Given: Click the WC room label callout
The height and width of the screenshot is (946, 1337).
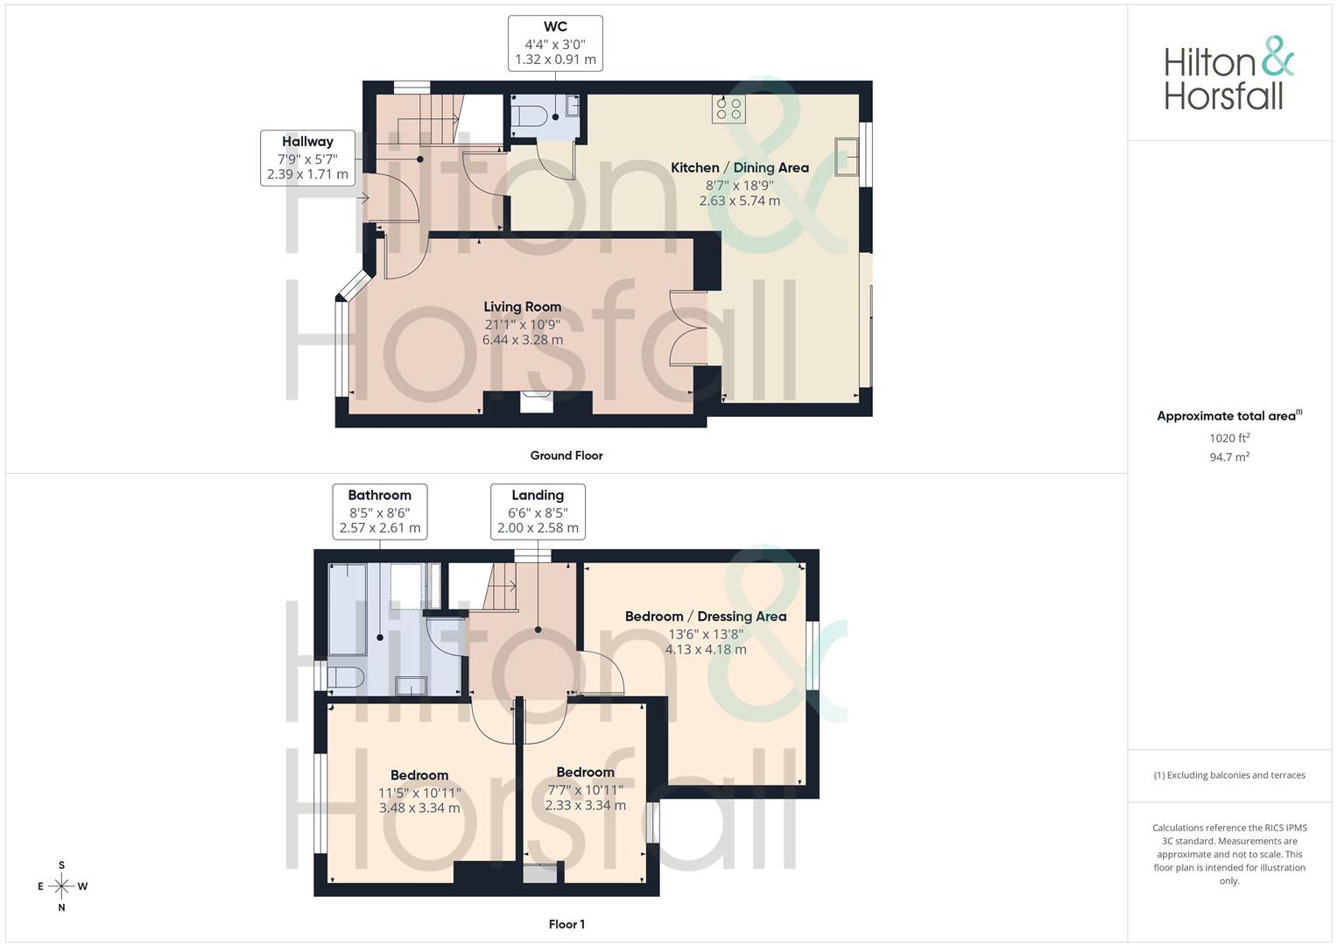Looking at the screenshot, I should tap(555, 43).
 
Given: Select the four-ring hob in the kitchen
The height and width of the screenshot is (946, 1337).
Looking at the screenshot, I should tap(728, 109).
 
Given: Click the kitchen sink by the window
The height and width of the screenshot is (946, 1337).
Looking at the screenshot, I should tap(846, 156).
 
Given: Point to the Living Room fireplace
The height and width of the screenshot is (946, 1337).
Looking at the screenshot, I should tap(537, 402).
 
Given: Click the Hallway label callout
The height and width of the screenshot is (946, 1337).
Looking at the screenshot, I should tap(307, 158).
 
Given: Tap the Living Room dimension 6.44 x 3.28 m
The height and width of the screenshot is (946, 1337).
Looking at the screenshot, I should tap(523, 340).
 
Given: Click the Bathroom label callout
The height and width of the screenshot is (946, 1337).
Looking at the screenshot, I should tap(379, 512).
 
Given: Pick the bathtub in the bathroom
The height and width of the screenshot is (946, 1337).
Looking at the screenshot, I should tap(347, 610).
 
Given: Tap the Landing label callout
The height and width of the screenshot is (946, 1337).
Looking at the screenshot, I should tap(538, 512).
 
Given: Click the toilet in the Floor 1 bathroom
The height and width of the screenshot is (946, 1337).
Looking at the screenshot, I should tap(343, 677).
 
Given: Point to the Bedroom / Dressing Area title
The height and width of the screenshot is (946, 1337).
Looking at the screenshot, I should tap(706, 617).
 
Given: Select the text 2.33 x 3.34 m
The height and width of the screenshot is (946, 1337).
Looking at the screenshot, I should tap(585, 805).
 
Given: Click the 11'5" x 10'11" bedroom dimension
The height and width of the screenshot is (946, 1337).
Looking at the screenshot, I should tap(419, 793).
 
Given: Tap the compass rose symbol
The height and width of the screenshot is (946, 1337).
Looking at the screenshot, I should tap(61, 886).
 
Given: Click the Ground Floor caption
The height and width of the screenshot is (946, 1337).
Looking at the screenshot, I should tap(566, 455).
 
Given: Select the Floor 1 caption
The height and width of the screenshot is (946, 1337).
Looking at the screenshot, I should tap(566, 924).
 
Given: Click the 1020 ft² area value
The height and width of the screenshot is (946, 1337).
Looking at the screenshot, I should tap(1229, 438).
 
